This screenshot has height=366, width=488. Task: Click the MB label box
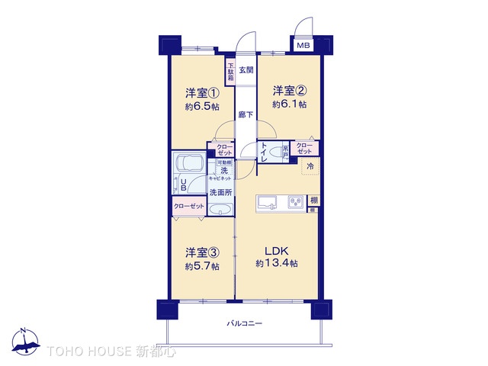pyautogui.click(x=303, y=46)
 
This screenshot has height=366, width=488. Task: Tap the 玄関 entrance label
pyautogui.click(x=246, y=70)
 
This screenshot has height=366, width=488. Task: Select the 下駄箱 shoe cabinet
pyautogui.click(x=230, y=71)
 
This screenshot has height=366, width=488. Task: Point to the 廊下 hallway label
pyautogui.click(x=246, y=115)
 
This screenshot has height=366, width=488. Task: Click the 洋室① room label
pyautogui.click(x=202, y=94)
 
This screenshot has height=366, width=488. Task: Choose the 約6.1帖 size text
pyautogui.click(x=290, y=104)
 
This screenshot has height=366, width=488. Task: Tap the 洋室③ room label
pyautogui.click(x=202, y=252)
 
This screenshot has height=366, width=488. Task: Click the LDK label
pyautogui.click(x=276, y=251)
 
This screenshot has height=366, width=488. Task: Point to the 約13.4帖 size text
pyautogui.click(x=276, y=264)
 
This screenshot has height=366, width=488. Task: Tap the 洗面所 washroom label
pyautogui.click(x=222, y=194)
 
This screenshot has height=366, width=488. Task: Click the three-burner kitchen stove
pyautogui.click(x=294, y=202)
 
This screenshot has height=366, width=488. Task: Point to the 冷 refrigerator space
pyautogui.click(x=311, y=165)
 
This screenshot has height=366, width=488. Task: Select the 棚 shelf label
pyautogui.click(x=313, y=201)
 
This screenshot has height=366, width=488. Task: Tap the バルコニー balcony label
pyautogui.click(x=246, y=324)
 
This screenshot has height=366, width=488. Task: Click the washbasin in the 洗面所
pyautogui.click(x=221, y=210)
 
